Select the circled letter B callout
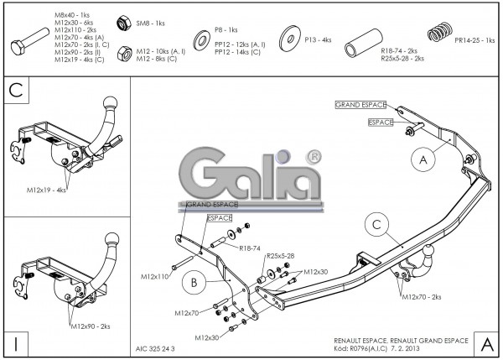tap(194, 284)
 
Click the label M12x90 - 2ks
tap(91, 325)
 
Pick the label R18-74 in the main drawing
tap(249, 248)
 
